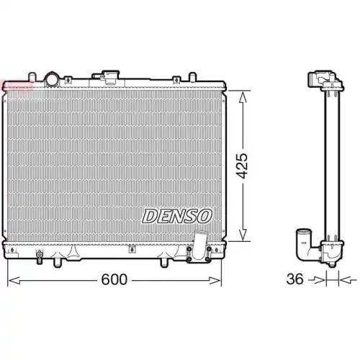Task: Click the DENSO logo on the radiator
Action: coord(177,215)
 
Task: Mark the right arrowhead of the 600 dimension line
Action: coord(222,279)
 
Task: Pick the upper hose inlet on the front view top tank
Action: coord(110,75)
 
